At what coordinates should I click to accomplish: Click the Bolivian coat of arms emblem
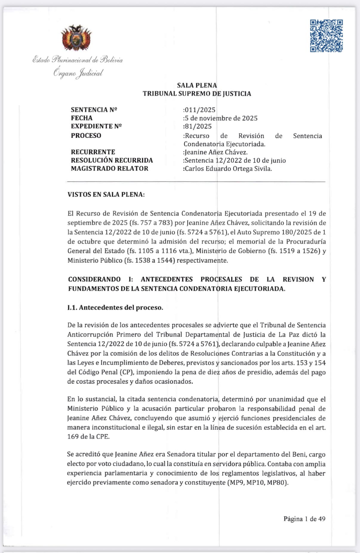pos(76,38)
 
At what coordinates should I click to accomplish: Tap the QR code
pos(326,36)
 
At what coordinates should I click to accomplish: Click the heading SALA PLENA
pos(197,85)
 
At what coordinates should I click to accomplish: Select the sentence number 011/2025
pos(199,110)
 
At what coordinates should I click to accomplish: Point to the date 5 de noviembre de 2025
pos(221,118)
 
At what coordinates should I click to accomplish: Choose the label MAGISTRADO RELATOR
pos(110,169)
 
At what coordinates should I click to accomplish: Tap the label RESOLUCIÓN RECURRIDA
pos(112,160)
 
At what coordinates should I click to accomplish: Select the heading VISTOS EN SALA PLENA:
pos(106,195)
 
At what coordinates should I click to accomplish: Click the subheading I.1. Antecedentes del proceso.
pos(115,308)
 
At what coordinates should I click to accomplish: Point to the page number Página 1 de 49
pos(304,519)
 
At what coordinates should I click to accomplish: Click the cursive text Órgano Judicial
pos(78,73)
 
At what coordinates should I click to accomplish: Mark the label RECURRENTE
pos(93,152)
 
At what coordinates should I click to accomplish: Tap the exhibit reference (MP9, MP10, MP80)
pos(258,483)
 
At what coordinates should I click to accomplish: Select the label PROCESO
pos(86,135)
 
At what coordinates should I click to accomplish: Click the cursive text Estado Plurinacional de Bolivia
pos(78,60)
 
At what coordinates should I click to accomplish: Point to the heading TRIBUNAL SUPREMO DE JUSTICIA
pos(197,94)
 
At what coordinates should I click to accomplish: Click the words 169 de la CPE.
pos(88,436)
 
